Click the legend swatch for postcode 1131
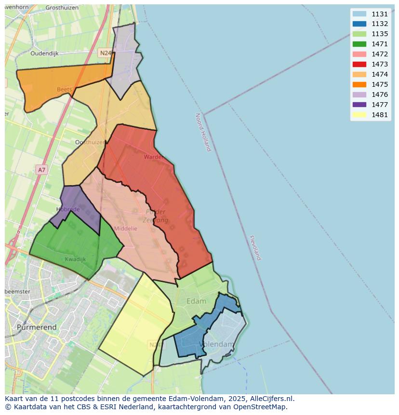pyautogui.click(x=359, y=14)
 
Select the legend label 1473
pyautogui.click(x=380, y=64)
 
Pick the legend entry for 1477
pyautogui.click(x=380, y=105)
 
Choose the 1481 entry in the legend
pyautogui.click(x=380, y=115)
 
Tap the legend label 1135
pyautogui.click(x=380, y=34)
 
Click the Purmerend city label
pyautogui.click(x=37, y=327)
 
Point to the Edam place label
pyautogui.click(x=196, y=301)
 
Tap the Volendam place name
pyautogui.click(x=216, y=344)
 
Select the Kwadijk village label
pyautogui.click(x=75, y=259)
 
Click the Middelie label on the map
pyautogui.click(x=126, y=228)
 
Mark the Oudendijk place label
pyautogui.click(x=44, y=54)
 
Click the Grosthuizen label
pyautogui.click(x=62, y=8)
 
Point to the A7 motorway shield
pyautogui.click(x=41, y=170)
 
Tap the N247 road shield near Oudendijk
pyautogui.click(x=105, y=53)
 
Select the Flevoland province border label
pyautogui.click(x=255, y=248)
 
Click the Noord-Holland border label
pyautogui.click(x=203, y=132)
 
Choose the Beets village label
pyautogui.click(x=64, y=89)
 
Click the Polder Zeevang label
pyautogui.click(x=156, y=216)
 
